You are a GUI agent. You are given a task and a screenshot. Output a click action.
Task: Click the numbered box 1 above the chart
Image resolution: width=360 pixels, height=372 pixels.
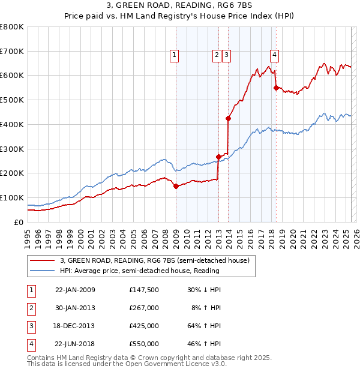pos(174,55)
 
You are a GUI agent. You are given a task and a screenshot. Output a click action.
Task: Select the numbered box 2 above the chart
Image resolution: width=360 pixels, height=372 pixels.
pos(217,55)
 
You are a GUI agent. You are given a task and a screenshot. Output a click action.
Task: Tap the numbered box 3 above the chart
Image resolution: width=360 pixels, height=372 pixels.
pos(227,55)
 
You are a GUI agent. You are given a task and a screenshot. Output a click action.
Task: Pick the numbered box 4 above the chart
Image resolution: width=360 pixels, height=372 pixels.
pos(274,55)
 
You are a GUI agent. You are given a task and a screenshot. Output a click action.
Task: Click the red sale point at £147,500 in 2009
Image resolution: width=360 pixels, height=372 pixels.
pos(176,186)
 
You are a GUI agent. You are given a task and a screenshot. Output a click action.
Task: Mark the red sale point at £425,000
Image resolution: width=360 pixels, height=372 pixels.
pos(228,118)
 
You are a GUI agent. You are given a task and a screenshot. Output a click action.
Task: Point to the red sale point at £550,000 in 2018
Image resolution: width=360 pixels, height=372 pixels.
pos(276,88)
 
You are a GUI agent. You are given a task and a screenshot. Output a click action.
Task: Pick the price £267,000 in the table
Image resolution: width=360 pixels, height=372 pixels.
pos(144,308)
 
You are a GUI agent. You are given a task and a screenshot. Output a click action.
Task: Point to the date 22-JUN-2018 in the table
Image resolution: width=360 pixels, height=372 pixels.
pos(75,344)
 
